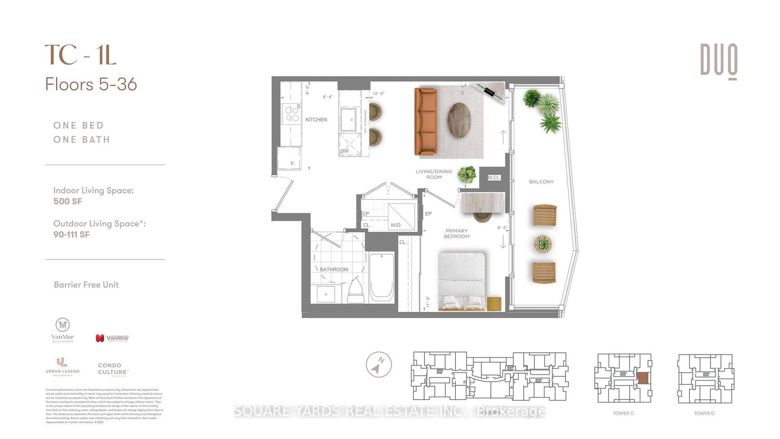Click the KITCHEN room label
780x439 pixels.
tap(316, 120)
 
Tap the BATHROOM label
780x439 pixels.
tap(334, 269)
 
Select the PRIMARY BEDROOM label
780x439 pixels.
tap(456, 234)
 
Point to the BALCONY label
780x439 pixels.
tap(541, 181)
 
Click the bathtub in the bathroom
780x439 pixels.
tap(381, 278)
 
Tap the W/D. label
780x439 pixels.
tap(396, 225)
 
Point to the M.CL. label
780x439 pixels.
tap(494, 178)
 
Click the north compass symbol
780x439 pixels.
tap(379, 364)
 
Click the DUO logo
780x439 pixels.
tap(719, 61)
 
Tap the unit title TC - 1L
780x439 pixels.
tap(81, 55)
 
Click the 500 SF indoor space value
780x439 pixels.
tap(68, 201)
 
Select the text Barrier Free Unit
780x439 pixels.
tap(86, 285)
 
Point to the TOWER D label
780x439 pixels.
tap(704, 413)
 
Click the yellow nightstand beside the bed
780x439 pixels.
tap(494, 303)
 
